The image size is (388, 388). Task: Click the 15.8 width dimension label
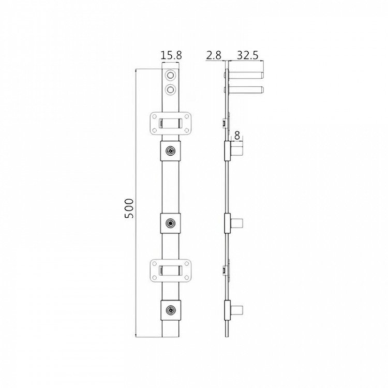point(171,55)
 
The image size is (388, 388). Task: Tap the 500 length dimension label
point(129,208)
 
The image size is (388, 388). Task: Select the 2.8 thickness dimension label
point(214,55)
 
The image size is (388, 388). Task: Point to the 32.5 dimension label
point(248,55)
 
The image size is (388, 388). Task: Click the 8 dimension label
point(237,136)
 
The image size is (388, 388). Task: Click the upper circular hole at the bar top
point(170,75)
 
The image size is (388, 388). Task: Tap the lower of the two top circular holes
point(170,89)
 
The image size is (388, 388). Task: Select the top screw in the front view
point(170,151)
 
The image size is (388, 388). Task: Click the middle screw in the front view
point(170,223)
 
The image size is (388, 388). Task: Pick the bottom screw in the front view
point(170,310)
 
